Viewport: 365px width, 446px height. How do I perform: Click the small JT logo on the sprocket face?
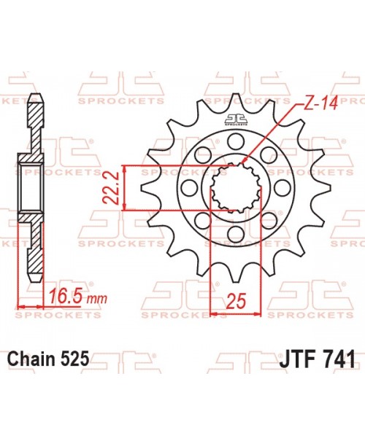click(236, 120)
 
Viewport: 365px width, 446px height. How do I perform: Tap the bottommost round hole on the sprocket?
click(236, 234)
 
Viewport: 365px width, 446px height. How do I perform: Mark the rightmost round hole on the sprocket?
click(283, 187)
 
